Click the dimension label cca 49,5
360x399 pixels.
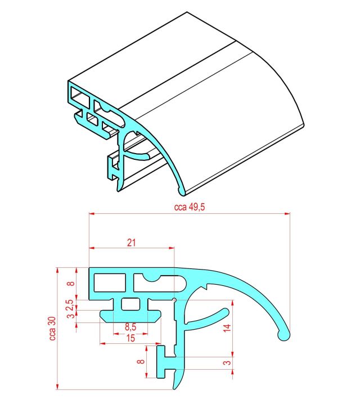[190, 207]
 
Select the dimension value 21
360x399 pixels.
[131, 243]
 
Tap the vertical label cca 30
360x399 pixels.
[52, 329]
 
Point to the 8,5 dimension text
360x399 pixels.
[130, 327]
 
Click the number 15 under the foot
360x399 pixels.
[130, 338]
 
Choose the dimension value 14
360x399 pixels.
[227, 328]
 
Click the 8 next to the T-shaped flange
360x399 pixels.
[141, 361]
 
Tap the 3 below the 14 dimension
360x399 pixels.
[227, 362]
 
